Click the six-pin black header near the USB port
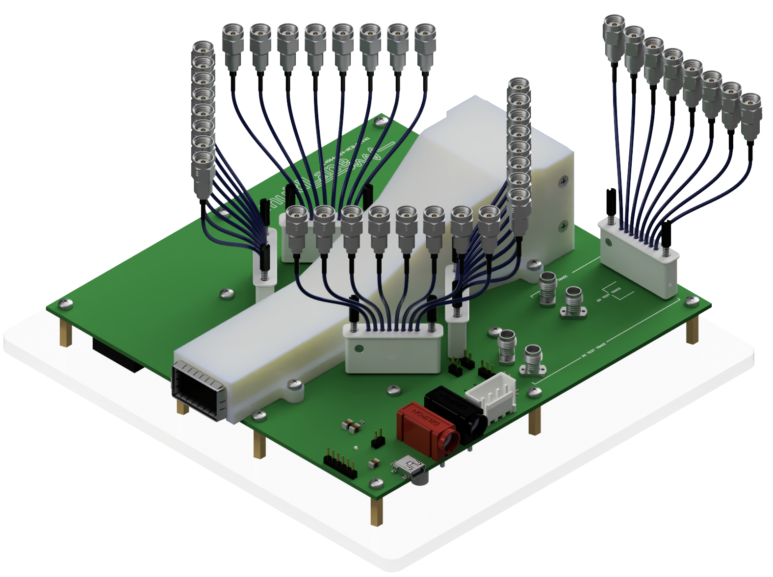point(339,464)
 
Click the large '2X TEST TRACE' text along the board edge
point(594,350)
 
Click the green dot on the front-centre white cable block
point(359,349)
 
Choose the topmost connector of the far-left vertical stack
point(203,49)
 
